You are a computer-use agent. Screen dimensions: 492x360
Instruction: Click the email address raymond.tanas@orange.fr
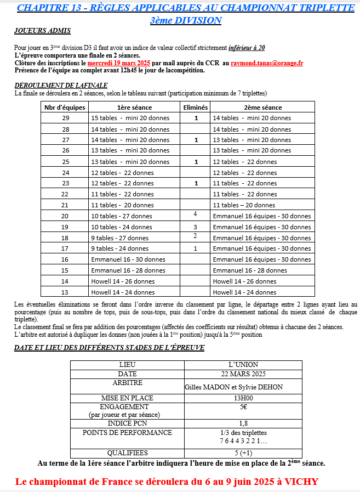point(267,63)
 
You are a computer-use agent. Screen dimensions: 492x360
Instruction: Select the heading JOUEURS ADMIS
point(42,32)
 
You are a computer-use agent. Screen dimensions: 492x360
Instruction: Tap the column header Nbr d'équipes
point(65,108)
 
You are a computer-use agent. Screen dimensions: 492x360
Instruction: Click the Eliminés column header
point(195,108)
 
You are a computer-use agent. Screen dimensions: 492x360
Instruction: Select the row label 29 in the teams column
point(65,118)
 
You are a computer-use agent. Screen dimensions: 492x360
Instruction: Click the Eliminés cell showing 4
point(195,214)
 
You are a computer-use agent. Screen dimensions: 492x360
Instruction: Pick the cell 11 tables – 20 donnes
point(244,205)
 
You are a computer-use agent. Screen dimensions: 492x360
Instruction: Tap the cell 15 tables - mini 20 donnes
point(130,118)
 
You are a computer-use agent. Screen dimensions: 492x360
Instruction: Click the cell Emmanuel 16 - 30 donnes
point(128,259)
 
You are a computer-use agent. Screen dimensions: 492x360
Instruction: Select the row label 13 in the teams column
point(65,292)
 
